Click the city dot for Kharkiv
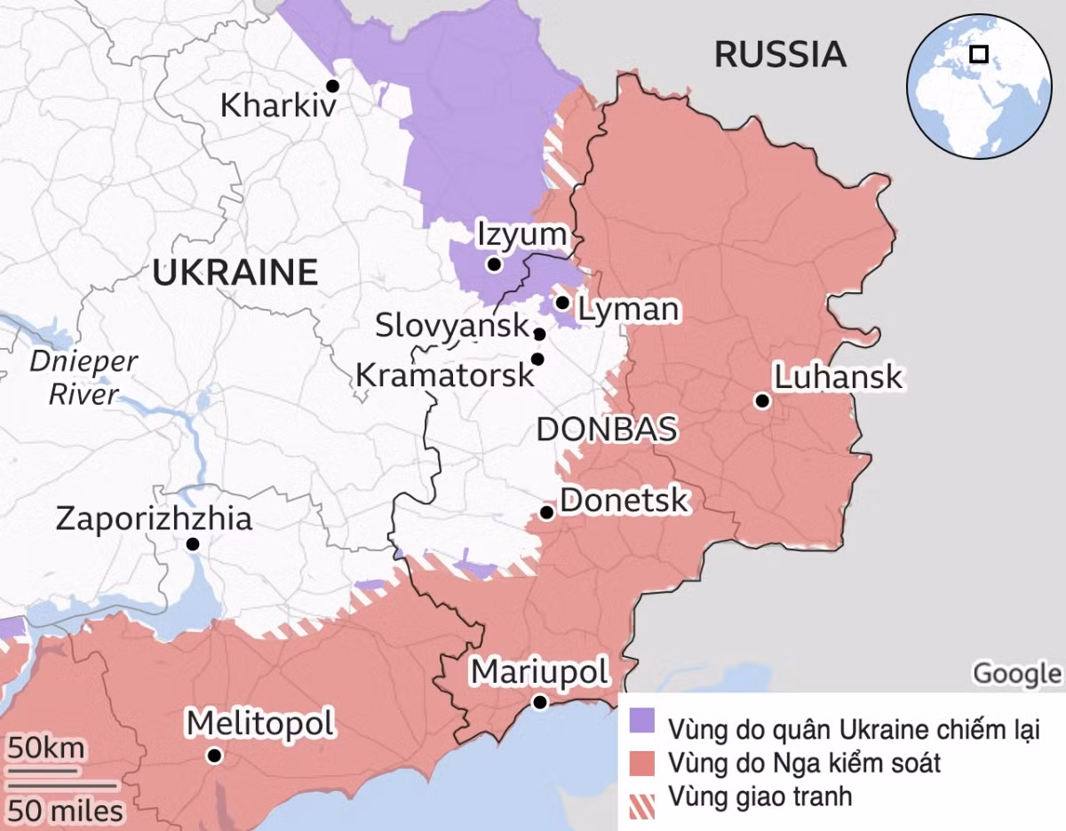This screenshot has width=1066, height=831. pos(332,86)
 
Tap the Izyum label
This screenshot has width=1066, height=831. pos(521,235)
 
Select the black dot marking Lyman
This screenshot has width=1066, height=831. pos(562,303)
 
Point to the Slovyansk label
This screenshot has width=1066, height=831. pos(452,325)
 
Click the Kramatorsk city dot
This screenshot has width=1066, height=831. pos(537,359)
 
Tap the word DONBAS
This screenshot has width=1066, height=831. pos(607,429)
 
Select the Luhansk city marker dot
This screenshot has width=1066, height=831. pos(761,401)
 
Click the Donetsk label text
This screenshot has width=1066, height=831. pos(624,500)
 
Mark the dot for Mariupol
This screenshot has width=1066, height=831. pos(539,702)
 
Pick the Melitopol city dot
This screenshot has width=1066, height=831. pos(213,756)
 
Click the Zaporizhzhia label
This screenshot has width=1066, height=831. pos(154,518)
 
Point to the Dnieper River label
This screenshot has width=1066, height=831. pos(84,377)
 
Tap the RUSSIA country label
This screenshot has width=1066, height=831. pos(780,54)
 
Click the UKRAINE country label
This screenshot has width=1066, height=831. pos(235,272)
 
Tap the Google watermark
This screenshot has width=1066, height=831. pos(1016,674)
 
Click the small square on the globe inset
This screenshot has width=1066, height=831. pos(979,54)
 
